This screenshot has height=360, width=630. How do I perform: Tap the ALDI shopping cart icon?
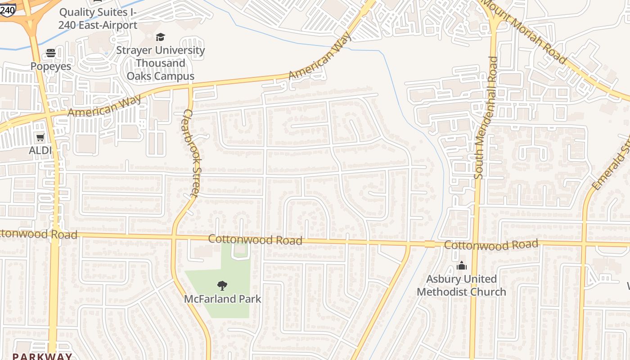pos(40,137)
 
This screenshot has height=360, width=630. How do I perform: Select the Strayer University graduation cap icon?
pos(160,37)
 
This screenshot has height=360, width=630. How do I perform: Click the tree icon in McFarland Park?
pos(222,285)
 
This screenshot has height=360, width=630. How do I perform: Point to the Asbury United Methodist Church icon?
pos(461,266)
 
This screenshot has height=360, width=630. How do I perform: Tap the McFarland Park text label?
pos(222,299)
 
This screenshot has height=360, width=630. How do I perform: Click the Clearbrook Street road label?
pos(192,153)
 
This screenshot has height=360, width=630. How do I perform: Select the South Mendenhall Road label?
pos(485,118)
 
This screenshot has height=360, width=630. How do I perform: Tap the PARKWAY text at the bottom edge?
pos(42,356)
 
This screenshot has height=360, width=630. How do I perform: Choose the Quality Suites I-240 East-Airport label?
pos(98,18)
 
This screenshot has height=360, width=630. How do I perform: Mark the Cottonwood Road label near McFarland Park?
pos(255,240)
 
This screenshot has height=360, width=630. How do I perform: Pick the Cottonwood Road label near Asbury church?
pos(491,245)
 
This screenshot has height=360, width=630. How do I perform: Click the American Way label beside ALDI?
pos(104,106)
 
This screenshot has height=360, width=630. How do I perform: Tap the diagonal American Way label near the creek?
pos(320,58)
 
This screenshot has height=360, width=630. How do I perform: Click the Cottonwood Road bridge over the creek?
pos(430,244)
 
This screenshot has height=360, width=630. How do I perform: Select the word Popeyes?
pos(51,66)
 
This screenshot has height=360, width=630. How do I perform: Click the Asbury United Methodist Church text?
pos(461,285)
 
